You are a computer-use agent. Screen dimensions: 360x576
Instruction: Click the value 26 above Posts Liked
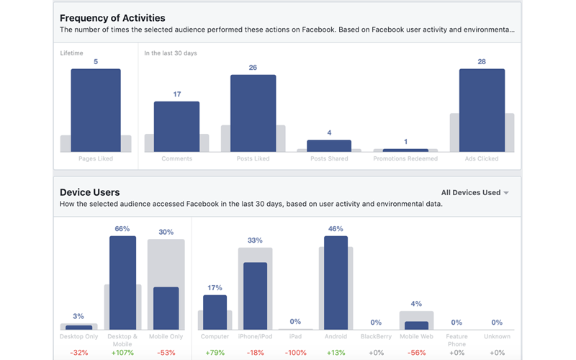pos(253,68)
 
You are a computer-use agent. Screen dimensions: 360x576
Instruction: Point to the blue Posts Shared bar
pos(329,145)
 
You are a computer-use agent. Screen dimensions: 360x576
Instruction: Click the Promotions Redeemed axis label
pos(405,158)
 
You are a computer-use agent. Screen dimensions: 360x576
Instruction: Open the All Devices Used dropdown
pos(475,192)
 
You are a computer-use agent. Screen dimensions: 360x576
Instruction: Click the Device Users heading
pos(90,192)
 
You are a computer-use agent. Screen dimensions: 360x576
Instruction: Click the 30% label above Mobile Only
pos(166,232)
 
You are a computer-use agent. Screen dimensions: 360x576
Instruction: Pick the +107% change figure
pos(122,353)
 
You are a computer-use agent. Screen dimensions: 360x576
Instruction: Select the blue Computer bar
pos(215,312)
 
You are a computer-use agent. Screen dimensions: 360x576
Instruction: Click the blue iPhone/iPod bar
pos(255,295)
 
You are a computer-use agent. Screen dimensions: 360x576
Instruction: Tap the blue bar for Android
pos(336,282)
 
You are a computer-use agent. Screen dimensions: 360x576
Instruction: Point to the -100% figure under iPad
pos(295,353)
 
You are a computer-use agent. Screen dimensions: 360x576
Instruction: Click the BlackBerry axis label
pos(375,336)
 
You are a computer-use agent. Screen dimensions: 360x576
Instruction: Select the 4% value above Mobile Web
pos(416,304)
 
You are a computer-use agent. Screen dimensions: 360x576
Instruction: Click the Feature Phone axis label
pos(456,340)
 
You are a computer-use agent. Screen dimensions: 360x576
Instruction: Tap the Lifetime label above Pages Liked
pos(71,53)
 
